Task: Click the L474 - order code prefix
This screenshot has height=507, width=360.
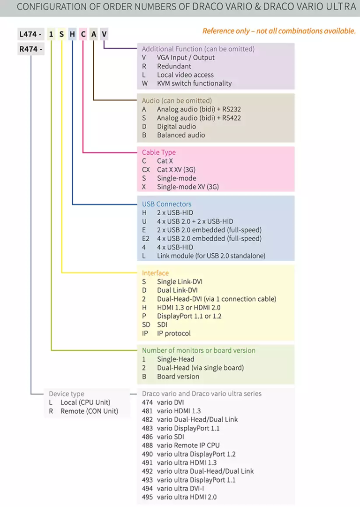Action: tap(30, 34)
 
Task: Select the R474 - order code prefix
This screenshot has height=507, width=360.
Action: tap(30, 49)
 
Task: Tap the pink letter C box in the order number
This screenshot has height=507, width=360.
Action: tap(83, 34)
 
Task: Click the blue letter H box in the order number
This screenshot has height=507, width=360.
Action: tap(72, 34)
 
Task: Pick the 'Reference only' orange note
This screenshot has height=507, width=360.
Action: tap(279, 31)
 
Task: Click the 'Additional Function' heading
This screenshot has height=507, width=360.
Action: tap(198, 49)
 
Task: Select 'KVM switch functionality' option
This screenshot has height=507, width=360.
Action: tap(194, 83)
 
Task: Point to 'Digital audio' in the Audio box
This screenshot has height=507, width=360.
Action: tap(176, 127)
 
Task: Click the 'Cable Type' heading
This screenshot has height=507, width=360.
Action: tap(158, 152)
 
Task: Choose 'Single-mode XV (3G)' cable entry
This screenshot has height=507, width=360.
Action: tap(188, 187)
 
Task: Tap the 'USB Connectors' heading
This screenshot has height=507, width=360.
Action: tap(166, 204)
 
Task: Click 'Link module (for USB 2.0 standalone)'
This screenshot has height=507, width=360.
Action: tap(211, 256)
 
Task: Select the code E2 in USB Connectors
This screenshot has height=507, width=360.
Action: tap(145, 239)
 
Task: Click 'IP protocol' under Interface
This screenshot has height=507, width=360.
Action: tap(174, 333)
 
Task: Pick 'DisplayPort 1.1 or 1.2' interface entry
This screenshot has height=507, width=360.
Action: tap(189, 316)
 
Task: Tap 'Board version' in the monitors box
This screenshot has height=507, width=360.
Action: tap(178, 376)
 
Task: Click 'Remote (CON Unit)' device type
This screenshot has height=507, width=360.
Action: tap(89, 411)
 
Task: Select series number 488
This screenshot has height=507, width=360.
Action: tap(147, 445)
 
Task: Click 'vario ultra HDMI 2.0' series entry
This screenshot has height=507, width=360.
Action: tap(187, 497)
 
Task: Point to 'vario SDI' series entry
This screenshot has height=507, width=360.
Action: tap(170, 437)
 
